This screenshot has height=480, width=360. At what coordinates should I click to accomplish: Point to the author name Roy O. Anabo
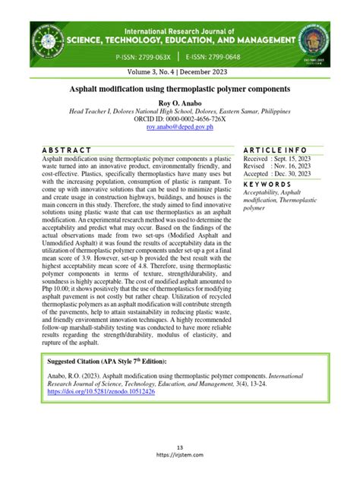pyautogui.click(x=180, y=101)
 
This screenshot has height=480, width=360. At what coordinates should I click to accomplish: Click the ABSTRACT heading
pyautogui.click(x=68, y=150)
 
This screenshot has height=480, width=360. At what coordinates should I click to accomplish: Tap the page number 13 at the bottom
pyautogui.click(x=180, y=447)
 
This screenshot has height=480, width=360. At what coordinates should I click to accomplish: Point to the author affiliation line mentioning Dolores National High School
pyautogui.click(x=180, y=110)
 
